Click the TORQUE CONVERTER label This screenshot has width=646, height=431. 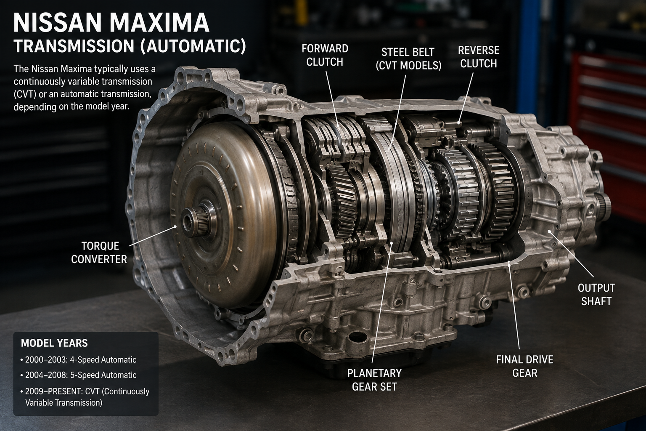(x=99, y=253)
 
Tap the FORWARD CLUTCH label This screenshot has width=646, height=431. (x=325, y=55)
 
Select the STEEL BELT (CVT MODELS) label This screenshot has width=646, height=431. (x=408, y=59)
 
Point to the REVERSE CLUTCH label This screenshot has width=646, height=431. (x=479, y=57)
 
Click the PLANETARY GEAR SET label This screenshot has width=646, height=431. (x=374, y=380)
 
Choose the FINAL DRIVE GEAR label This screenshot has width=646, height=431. (x=524, y=366)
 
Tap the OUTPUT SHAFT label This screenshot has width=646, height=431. (x=596, y=295)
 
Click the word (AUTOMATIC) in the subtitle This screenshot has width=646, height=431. (x=193, y=46)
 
